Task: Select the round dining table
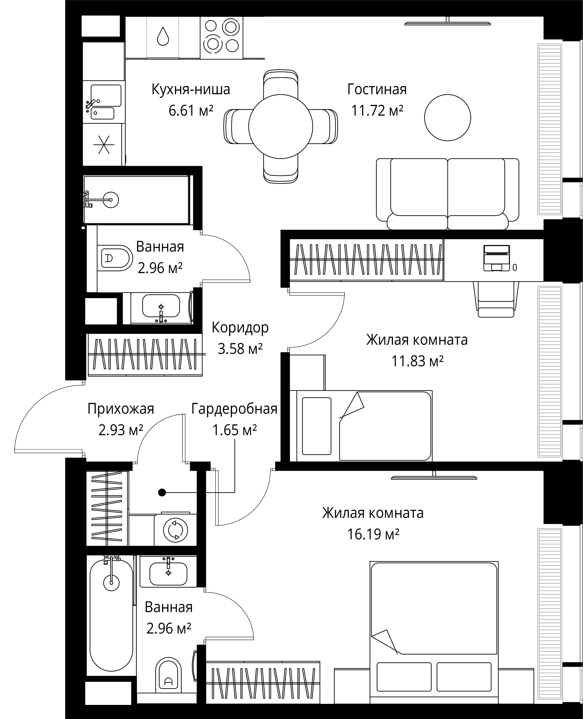pos(281,127)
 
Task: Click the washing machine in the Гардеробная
pos(175,530)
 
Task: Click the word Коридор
pos(240,328)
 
